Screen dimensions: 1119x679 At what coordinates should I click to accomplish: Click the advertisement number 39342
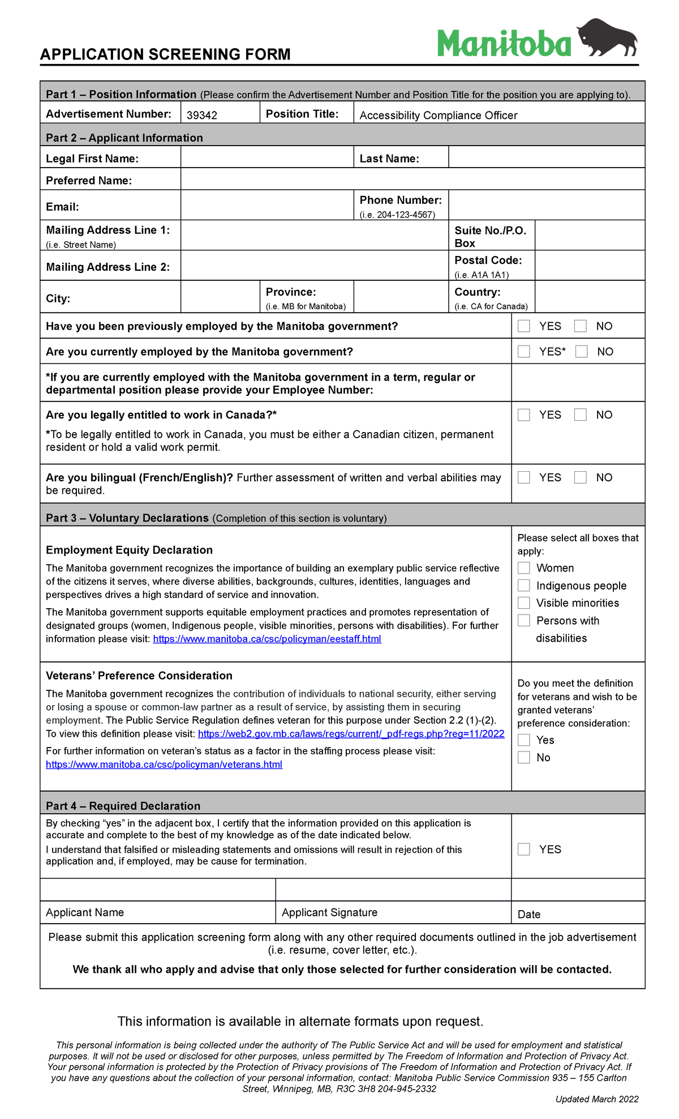202,115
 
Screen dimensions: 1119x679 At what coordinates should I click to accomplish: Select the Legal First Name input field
267,157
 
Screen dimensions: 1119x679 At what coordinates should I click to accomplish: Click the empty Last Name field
546,157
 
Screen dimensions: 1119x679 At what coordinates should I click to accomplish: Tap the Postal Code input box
589,266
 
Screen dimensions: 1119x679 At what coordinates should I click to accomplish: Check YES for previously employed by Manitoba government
524,326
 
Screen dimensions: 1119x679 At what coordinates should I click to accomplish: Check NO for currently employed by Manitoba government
582,352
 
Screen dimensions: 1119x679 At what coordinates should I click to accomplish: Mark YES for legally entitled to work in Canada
524,415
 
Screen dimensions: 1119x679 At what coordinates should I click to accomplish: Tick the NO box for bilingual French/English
581,477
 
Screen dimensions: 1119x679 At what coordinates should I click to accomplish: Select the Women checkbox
524,568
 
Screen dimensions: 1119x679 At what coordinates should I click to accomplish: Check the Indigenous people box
524,586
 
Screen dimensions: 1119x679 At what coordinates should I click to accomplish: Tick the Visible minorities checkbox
524,603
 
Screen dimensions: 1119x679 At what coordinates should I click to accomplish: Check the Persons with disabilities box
524,621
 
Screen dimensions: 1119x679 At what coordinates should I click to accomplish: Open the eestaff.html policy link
267,639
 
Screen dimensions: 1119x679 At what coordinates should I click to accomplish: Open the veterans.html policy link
164,764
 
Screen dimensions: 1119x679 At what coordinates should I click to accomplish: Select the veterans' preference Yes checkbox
524,740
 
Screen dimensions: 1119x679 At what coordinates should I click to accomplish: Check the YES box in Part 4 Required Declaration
524,849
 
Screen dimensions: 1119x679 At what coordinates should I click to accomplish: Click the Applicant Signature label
329,912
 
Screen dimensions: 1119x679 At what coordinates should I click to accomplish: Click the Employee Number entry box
578,383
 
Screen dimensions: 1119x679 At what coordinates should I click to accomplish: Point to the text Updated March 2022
597,1099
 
